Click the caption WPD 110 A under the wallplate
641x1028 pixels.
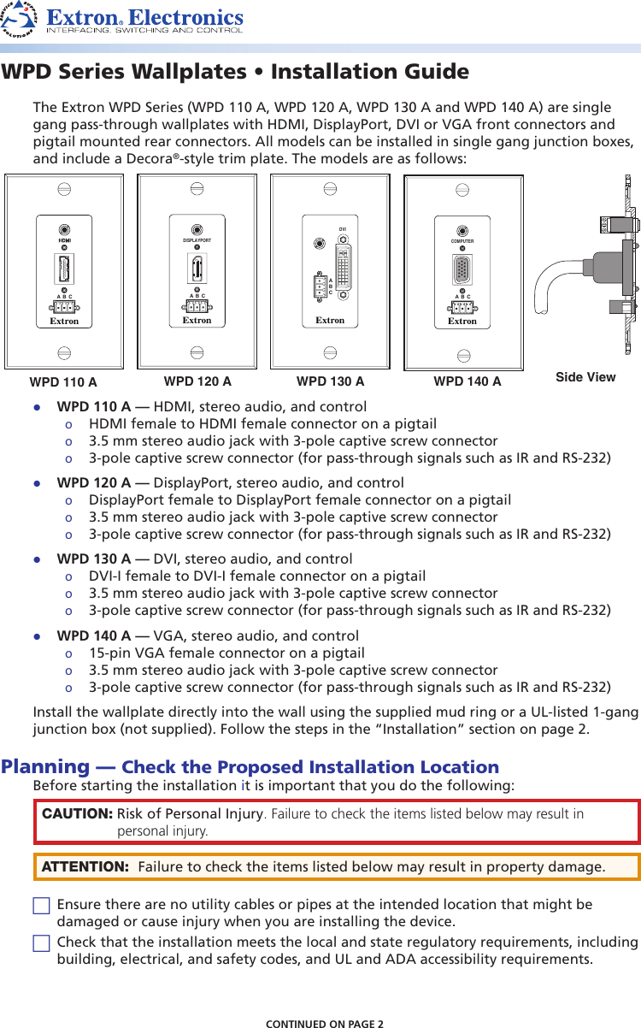click(x=63, y=381)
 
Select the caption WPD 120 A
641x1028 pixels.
click(x=197, y=381)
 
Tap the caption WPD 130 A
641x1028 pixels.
click(x=330, y=381)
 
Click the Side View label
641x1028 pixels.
click(x=585, y=377)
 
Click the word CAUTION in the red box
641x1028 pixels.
click(x=77, y=813)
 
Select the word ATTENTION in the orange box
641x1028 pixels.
click(x=85, y=867)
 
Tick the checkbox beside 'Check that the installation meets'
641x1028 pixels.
click(x=41, y=943)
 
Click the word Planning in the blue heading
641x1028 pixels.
click(x=45, y=766)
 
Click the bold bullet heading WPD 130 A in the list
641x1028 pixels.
click(x=93, y=560)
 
